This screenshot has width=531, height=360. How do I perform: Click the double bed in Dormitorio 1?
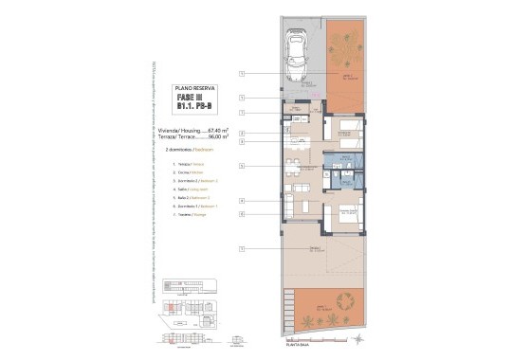coord(347,213)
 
